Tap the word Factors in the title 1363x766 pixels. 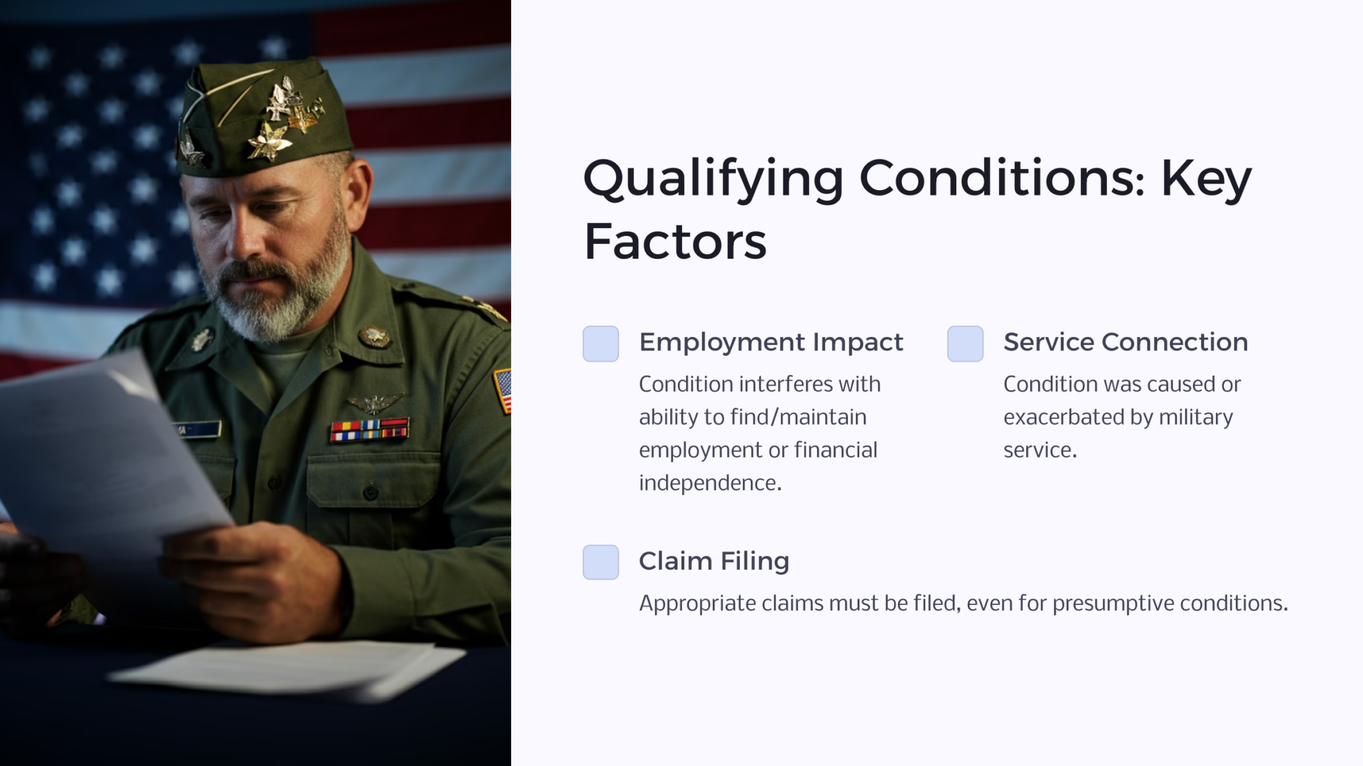(x=675, y=242)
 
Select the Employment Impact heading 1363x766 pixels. (x=771, y=342)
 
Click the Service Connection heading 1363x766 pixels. (x=1125, y=342)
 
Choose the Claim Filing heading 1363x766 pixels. (x=713, y=561)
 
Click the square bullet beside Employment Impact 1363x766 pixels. (x=600, y=344)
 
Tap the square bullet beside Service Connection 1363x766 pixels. (x=965, y=344)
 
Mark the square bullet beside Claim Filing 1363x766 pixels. (x=600, y=563)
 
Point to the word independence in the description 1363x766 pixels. (x=709, y=483)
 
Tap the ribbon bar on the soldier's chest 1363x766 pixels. (x=369, y=430)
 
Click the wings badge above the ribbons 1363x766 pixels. (x=375, y=402)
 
